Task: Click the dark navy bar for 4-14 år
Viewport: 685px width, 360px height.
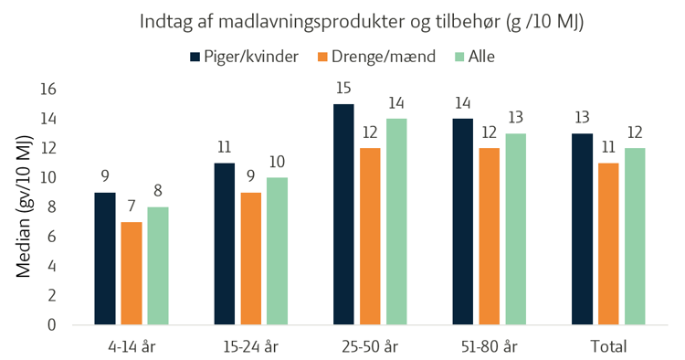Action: [105, 259]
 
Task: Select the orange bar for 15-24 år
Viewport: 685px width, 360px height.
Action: [251, 259]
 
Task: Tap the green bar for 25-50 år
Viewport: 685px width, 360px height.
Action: [396, 222]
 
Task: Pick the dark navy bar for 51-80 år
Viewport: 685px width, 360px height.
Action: [463, 222]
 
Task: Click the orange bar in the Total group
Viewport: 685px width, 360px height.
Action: [608, 244]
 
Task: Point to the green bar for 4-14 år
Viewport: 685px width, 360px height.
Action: [158, 266]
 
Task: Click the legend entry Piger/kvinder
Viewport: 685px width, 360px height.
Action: [244, 57]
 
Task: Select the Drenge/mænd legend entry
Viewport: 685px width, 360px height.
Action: [376, 57]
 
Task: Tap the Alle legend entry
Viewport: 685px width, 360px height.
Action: [475, 57]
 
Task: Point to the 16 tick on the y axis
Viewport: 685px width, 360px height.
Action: [48, 90]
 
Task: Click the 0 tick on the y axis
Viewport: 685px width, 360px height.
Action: [52, 325]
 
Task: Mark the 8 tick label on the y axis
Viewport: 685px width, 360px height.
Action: [52, 207]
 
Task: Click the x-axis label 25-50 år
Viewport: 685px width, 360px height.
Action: [370, 347]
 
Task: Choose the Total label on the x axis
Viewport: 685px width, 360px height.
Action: [608, 346]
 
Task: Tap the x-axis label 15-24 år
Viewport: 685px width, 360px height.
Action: [251, 347]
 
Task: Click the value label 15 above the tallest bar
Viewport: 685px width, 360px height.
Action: [343, 89]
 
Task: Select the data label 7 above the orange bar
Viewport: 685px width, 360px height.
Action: [132, 206]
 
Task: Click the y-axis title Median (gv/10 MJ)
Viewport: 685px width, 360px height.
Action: [24, 206]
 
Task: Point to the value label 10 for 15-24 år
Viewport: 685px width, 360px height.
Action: [277, 162]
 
